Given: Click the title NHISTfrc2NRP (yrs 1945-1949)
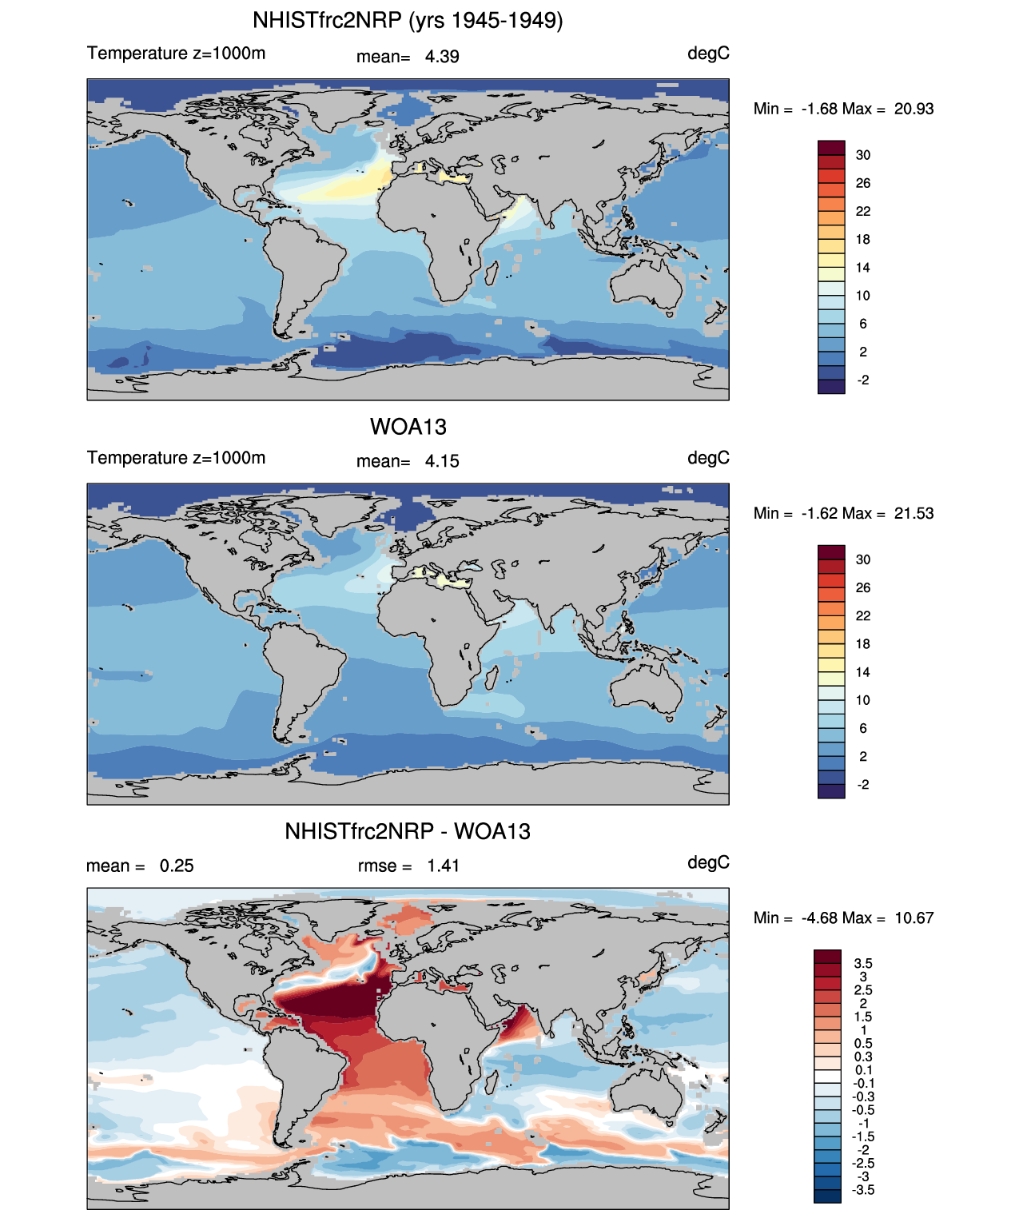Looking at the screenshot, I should [x=408, y=20].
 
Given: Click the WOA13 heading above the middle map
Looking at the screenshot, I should [x=408, y=427].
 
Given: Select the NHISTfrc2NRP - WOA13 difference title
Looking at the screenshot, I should [x=408, y=831].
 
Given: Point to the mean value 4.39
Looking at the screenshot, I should [x=442, y=57].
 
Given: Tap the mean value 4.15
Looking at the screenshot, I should [x=442, y=461].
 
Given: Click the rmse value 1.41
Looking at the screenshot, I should [x=443, y=866].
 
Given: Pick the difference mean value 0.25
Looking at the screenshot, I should [x=177, y=866].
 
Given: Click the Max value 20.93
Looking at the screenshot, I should [x=914, y=109].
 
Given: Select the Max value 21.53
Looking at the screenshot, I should [x=914, y=513].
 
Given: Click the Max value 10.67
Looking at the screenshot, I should [x=914, y=917].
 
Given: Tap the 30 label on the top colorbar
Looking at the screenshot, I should [x=863, y=155].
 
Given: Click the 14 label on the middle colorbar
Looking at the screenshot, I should [x=863, y=672].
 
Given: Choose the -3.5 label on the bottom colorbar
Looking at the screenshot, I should [x=863, y=1190].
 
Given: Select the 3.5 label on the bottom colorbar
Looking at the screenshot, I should [x=863, y=964].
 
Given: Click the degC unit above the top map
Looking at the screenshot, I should [x=708, y=54].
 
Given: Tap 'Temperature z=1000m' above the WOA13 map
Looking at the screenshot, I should [x=176, y=458].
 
